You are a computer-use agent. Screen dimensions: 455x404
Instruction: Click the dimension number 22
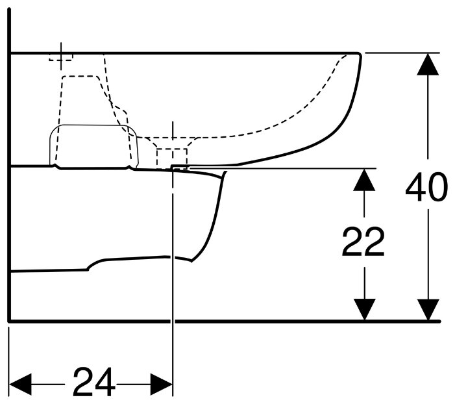click(363, 242)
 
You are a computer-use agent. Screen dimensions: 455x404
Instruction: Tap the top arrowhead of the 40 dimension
click(428, 64)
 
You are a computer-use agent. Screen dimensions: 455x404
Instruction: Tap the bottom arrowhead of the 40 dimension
click(428, 310)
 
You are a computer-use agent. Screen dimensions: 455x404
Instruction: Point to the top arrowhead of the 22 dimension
click(364, 180)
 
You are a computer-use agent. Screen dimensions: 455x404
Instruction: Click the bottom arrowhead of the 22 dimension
click(364, 310)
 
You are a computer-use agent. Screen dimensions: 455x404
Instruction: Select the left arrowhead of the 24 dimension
click(20, 385)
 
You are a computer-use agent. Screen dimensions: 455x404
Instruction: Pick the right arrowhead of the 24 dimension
click(162, 385)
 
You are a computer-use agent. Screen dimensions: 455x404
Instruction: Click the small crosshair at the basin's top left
click(61, 57)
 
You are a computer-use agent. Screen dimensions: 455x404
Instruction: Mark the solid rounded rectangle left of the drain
click(94, 146)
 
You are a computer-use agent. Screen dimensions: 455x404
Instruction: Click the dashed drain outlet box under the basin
click(172, 158)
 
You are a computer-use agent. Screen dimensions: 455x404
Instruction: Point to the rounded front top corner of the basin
click(360, 55)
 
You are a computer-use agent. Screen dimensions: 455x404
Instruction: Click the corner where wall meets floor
click(10, 321)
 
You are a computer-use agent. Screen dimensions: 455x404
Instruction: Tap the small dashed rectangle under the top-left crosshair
click(61, 57)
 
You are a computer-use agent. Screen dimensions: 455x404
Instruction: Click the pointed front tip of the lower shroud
click(225, 172)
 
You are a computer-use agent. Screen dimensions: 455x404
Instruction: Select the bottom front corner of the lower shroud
click(191, 260)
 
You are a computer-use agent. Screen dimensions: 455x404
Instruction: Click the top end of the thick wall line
click(10, 9)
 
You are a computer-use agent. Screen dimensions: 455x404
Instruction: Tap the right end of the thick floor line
click(439, 322)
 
